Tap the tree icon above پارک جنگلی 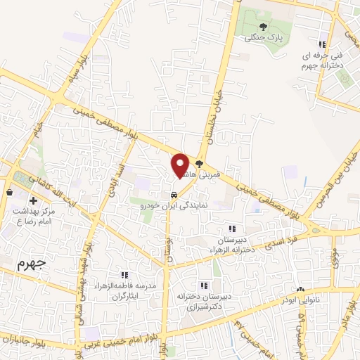263,27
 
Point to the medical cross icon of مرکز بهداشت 33,201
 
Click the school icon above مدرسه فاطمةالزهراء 124,275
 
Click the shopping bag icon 9,191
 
